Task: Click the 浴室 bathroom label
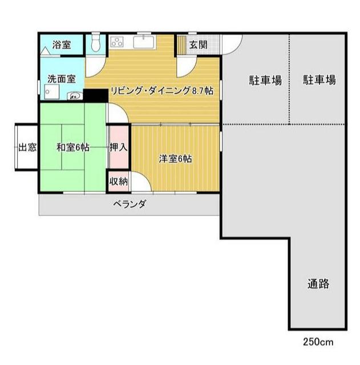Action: (62, 45)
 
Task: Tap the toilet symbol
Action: (95, 43)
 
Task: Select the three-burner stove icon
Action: (118, 42)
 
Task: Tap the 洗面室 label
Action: (59, 79)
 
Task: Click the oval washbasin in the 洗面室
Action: (74, 96)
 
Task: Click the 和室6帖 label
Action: (72, 147)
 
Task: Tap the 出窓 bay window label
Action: (27, 147)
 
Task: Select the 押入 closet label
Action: (118, 147)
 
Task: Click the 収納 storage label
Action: (118, 182)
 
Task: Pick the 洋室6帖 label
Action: (175, 158)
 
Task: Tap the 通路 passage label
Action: (318, 284)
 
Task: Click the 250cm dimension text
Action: (318, 342)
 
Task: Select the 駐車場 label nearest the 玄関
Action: (265, 80)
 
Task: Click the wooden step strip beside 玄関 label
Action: (181, 45)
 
